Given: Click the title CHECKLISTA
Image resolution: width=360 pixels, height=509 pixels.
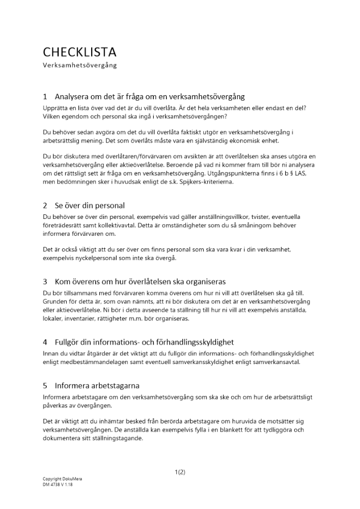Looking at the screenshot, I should point(79,52).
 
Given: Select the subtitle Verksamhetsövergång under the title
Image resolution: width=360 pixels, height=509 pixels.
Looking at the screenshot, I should point(80,65).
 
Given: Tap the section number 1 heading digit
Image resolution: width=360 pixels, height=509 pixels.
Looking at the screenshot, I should point(45,96).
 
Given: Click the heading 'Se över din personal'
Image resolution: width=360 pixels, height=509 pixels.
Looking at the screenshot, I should point(90,206).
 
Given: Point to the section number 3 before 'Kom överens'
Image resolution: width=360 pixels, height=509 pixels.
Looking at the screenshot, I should point(45,281).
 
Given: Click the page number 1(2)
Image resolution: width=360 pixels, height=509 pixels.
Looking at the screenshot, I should point(180,472).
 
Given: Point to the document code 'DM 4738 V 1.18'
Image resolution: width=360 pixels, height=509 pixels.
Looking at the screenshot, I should point(58,485).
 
